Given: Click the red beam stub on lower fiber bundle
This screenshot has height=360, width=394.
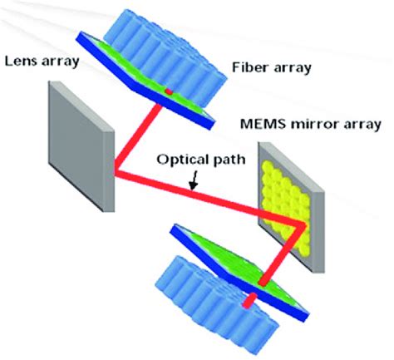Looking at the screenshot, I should [x=247, y=305].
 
